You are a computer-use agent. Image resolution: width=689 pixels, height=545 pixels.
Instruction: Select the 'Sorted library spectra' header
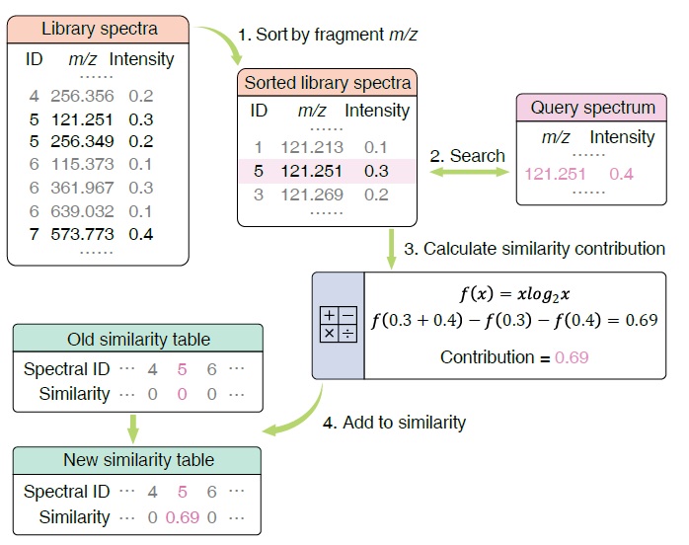328,83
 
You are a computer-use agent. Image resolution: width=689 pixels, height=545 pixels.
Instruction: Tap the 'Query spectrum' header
592,108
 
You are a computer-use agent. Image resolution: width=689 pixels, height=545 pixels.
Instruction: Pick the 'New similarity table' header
138,460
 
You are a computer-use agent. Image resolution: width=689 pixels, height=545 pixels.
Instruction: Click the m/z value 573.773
83,234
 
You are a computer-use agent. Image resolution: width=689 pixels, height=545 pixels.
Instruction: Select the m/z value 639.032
83,211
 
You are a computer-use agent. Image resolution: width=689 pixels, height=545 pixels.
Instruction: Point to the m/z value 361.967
83,188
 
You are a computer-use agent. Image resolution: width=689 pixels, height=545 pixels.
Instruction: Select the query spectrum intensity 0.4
621,174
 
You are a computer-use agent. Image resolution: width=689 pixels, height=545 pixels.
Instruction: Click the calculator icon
338,324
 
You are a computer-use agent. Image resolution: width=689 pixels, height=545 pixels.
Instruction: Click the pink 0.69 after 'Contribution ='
572,357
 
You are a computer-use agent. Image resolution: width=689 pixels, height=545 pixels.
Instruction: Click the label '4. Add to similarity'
395,423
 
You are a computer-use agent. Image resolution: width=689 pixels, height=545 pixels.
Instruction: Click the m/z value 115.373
83,164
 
